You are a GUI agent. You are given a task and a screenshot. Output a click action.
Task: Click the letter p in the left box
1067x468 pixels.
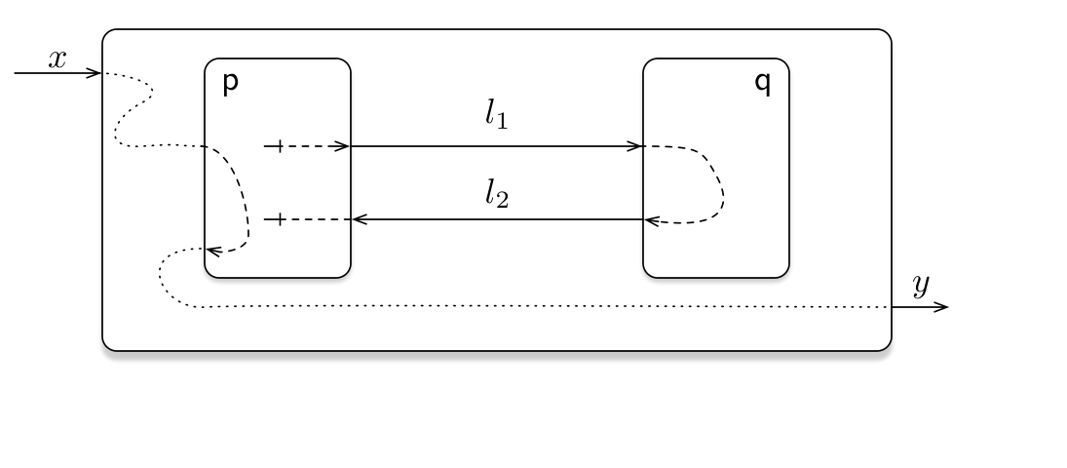tap(231, 84)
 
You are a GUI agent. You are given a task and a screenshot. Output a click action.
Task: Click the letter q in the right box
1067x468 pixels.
tap(763, 84)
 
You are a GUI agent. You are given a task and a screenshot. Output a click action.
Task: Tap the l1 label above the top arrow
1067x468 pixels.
tap(497, 114)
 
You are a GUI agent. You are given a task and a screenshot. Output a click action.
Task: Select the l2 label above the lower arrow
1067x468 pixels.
tap(497, 193)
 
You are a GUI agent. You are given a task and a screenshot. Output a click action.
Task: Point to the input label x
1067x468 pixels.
tap(57, 59)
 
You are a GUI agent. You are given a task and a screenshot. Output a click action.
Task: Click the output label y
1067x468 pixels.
tap(921, 285)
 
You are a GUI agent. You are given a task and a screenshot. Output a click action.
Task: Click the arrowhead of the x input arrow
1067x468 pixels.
tap(95, 73)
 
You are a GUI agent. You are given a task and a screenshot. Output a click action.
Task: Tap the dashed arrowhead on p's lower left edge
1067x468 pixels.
tap(213, 252)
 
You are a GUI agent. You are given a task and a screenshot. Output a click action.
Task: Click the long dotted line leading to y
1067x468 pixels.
tap(545, 307)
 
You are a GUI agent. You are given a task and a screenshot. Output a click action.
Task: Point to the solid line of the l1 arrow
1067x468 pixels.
tap(496, 146)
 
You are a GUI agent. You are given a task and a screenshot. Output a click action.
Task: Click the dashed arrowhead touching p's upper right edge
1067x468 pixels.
tap(342, 146)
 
